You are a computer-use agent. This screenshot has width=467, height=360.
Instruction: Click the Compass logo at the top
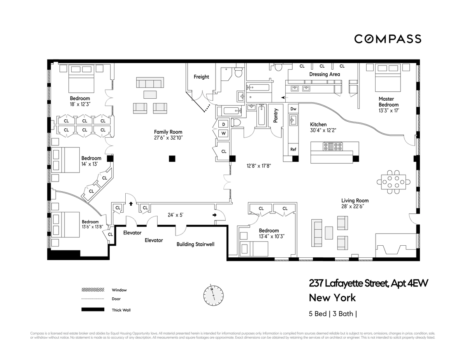pos(387,39)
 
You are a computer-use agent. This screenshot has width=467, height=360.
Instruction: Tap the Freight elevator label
pos(201,77)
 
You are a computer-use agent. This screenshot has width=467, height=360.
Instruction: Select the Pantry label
pos(276,115)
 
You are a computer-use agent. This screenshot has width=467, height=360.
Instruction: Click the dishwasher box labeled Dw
pos(293,109)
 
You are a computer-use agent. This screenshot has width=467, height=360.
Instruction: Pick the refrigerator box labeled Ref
pos(293,149)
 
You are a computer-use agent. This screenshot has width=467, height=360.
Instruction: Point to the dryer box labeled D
pos(224,124)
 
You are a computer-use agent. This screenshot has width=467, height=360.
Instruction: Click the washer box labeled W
pos(224,133)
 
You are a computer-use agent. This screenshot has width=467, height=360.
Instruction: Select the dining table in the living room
pos(393,182)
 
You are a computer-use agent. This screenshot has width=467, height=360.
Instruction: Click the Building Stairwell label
pos(195,245)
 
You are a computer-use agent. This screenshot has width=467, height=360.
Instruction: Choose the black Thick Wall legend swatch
pos(93,309)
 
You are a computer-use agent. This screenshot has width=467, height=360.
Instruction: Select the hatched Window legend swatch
pos(93,290)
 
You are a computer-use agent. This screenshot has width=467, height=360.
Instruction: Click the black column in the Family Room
pos(172,158)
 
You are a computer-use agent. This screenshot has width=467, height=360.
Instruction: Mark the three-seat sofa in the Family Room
pos(150,83)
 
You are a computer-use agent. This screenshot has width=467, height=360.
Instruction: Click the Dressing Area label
pos(325,74)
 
